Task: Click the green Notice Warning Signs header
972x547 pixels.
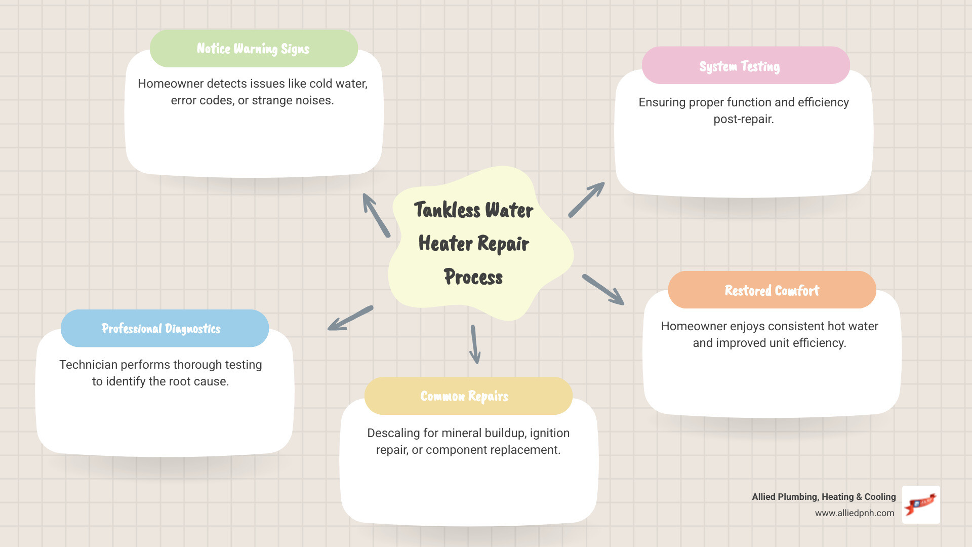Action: [254, 49]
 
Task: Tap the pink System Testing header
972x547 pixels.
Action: [745, 66]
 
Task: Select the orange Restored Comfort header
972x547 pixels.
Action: [772, 290]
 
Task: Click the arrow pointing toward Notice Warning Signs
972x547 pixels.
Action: [376, 215]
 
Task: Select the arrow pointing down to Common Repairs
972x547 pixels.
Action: [475, 344]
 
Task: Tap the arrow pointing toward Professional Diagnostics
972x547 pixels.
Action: [350, 318]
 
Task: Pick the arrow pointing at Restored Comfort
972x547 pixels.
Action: [603, 290]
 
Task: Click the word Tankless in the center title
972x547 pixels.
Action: [447, 210]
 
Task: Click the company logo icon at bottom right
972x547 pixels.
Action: [921, 504]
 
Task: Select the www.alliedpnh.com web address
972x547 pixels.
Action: [854, 513]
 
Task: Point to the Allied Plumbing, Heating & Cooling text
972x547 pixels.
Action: [823, 497]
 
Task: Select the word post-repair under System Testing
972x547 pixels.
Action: [743, 120]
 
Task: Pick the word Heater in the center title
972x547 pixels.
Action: [445, 244]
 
